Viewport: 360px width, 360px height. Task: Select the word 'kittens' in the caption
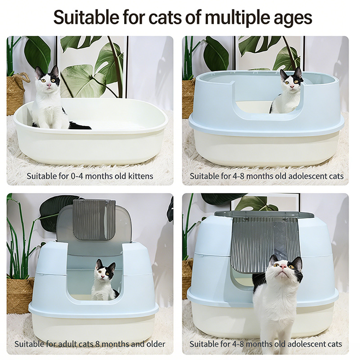coord(140,176)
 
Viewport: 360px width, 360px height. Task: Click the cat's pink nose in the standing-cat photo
coord(283,266)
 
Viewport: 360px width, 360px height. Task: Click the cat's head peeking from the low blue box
coord(291,79)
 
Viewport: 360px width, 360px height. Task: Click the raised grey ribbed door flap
coord(94,219)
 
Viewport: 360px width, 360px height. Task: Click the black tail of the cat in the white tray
coord(79,126)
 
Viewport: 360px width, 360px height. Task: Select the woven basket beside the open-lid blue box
coord(19,295)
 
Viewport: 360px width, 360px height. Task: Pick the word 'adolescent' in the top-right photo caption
coord(307,176)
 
